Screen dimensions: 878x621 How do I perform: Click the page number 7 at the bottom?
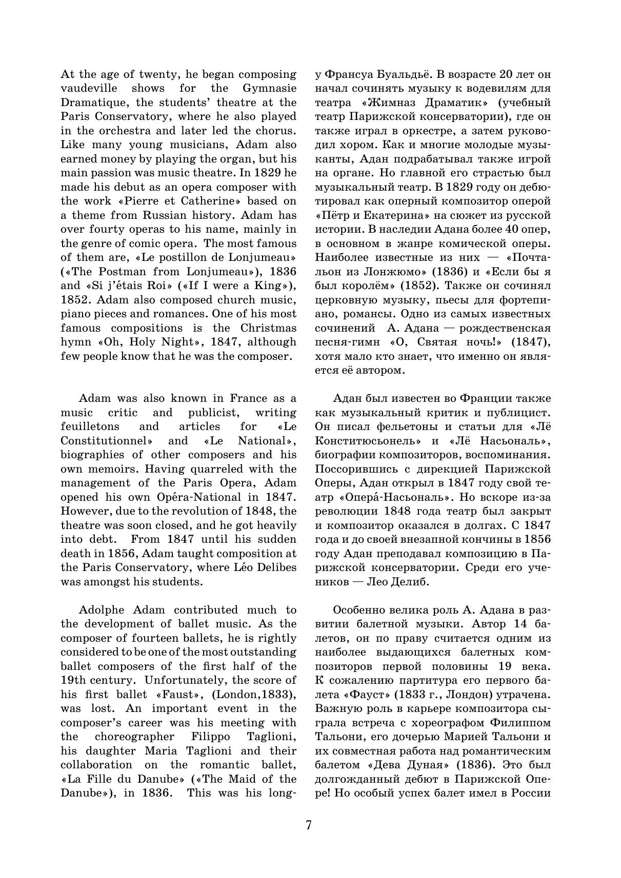click(x=309, y=825)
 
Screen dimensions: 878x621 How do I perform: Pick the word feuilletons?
click(x=90, y=426)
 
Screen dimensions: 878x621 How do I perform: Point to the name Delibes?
click(x=277, y=567)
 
